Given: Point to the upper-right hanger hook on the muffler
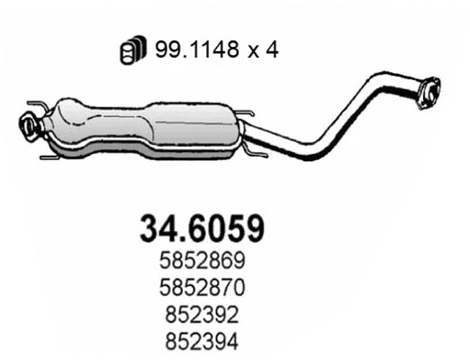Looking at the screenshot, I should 246,114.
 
